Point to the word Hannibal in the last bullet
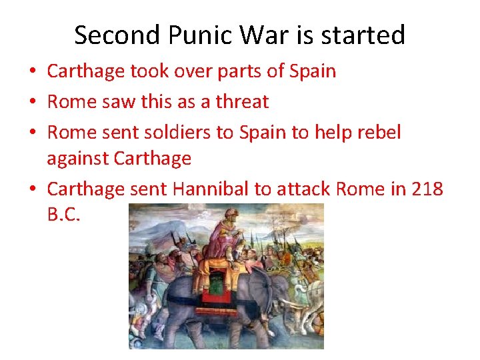(x=210, y=189)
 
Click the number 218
(x=427, y=189)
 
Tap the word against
(x=78, y=159)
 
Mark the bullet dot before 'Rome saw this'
(x=33, y=102)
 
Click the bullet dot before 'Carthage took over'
(x=33, y=71)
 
